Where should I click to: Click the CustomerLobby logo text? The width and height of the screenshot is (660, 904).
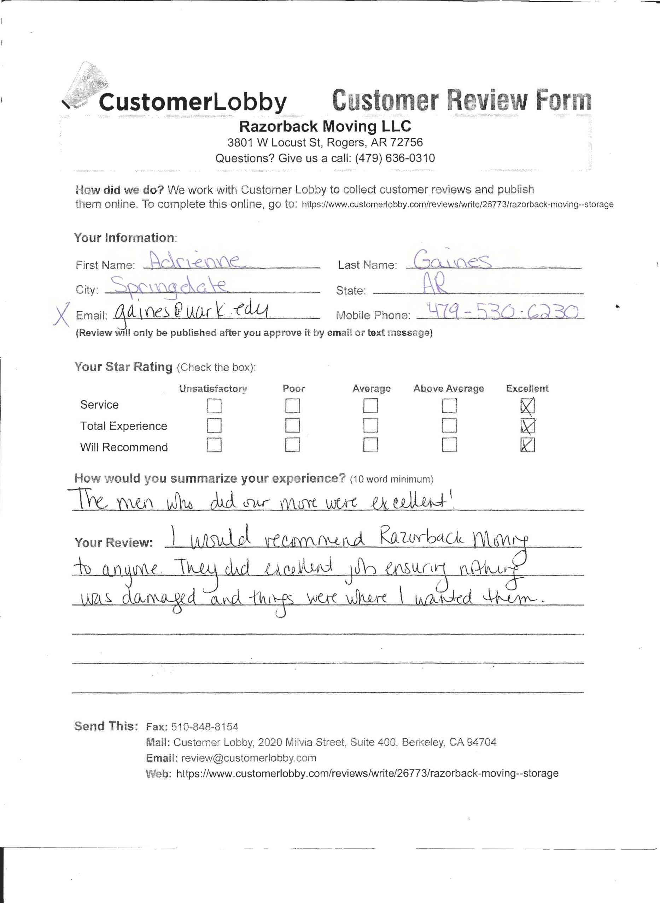point(192,102)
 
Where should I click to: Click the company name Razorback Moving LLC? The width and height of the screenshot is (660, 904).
point(325,126)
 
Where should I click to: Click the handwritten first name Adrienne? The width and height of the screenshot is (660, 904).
point(194,261)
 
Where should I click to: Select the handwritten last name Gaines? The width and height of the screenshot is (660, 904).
point(452,261)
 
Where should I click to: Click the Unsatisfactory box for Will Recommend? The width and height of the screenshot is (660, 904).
point(214,445)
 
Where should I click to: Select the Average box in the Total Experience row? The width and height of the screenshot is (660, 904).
point(370,426)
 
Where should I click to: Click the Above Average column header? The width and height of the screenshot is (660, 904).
point(448,388)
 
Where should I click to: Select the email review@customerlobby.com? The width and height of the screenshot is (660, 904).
point(249,758)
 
